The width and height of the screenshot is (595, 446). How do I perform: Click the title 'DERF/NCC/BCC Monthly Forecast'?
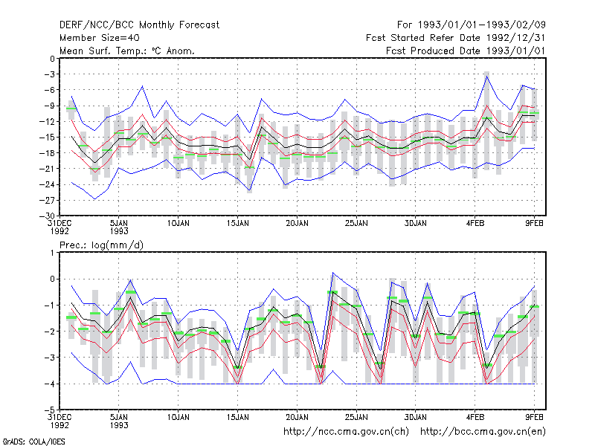click(139, 25)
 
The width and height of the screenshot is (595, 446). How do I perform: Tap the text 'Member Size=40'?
click(100, 38)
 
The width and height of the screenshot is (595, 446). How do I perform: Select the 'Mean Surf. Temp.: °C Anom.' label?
click(127, 51)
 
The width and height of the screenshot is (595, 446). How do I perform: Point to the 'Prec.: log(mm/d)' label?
click(101, 245)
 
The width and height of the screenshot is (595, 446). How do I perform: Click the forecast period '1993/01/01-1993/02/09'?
click(481, 25)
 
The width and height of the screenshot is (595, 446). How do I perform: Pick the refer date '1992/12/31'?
click(515, 38)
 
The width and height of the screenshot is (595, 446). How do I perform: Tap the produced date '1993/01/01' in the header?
click(515, 51)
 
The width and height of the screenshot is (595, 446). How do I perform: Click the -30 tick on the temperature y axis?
click(47, 216)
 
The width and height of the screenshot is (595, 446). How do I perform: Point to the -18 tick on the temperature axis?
click(48, 153)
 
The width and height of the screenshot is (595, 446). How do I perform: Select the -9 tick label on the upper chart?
click(50, 106)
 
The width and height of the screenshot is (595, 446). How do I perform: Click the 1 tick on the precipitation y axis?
click(53, 253)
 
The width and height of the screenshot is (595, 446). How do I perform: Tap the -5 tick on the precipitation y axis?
click(50, 410)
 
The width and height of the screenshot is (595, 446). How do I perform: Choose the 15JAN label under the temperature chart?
click(238, 224)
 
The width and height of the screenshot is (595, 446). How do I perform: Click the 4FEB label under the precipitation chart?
click(475, 417)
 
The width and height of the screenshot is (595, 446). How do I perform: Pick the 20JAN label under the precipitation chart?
click(297, 417)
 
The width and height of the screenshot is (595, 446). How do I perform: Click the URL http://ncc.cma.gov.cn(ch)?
click(346, 432)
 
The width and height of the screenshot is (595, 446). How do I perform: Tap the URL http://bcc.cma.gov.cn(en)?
click(483, 432)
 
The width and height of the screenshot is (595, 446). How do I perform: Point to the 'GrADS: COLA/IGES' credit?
click(33, 442)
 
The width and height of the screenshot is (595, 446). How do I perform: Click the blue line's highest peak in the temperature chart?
click(487, 77)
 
